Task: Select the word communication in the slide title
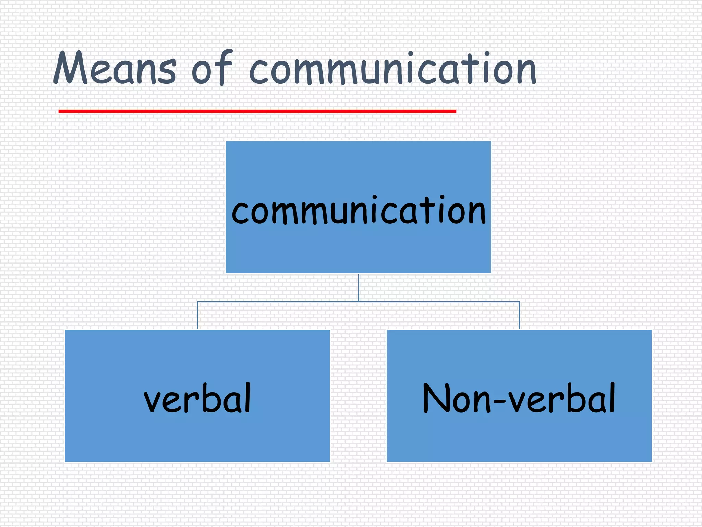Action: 392,69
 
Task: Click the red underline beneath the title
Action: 257,111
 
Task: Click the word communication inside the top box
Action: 359,210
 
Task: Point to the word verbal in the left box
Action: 197,398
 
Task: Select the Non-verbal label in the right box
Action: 519,398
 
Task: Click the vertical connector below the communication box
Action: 359,288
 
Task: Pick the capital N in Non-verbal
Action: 436,398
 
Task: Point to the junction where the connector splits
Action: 359,302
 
